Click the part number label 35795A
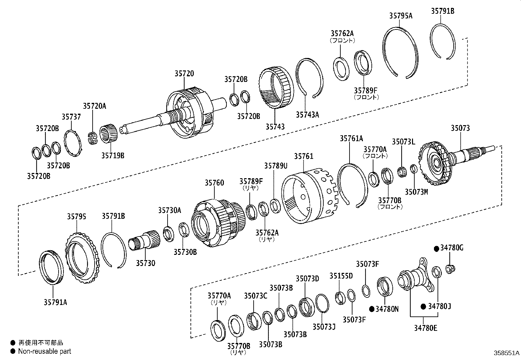point(401,15)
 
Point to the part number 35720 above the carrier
point(184,74)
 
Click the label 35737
point(71,117)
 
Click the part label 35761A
point(351,139)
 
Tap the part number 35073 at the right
point(460,128)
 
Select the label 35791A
point(55,302)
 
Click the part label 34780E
point(425,328)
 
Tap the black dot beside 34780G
point(436,249)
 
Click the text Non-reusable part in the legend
point(45,351)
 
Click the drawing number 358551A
point(506,353)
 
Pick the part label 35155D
point(341,275)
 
